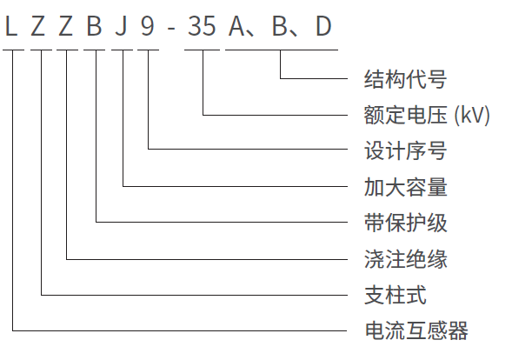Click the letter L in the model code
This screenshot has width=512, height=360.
click(11, 26)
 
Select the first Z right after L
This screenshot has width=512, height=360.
click(38, 26)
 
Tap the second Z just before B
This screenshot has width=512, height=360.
click(66, 26)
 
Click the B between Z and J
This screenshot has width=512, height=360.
click(94, 26)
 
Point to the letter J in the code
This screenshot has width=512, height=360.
click(121, 26)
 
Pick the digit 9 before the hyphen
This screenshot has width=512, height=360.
click(147, 26)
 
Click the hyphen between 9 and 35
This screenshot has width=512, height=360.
click(171, 29)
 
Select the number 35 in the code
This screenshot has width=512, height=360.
click(202, 26)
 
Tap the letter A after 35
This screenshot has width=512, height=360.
click(236, 26)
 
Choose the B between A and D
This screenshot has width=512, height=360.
click(280, 26)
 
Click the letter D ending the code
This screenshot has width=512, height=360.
click(323, 26)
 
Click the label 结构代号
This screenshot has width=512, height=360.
click(405, 79)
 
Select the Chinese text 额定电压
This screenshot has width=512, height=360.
click(405, 115)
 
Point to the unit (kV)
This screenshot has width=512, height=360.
click(472, 115)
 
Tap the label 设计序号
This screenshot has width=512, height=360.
click(405, 150)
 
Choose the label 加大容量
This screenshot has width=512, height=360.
click(405, 187)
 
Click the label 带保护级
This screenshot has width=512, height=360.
click(405, 223)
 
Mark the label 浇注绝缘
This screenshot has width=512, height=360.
click(405, 259)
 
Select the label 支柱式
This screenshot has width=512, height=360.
click(396, 295)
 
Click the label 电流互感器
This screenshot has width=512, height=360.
click(416, 330)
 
